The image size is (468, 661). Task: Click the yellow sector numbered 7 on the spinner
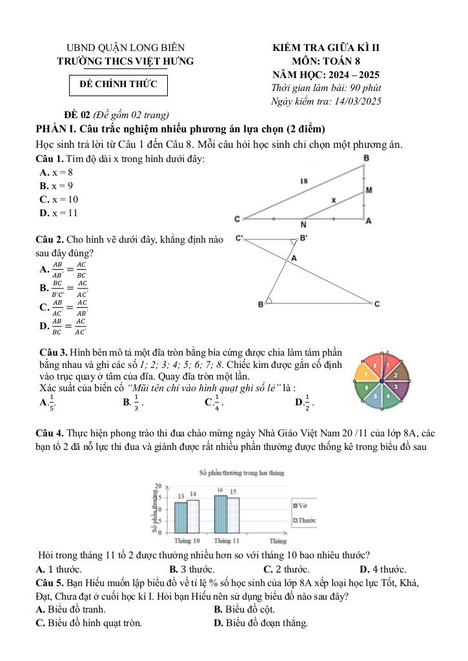coord(366,374)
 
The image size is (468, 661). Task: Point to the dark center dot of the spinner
coord(382,381)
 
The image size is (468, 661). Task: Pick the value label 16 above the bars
coord(220,491)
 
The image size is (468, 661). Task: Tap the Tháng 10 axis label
coord(187,540)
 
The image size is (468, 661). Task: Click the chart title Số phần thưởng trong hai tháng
coord(242,473)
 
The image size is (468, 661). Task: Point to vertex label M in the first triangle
coord(369,190)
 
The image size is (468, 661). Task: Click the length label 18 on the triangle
coord(303,181)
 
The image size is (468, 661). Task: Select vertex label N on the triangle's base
coord(303,225)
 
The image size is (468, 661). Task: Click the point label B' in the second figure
coord(303,238)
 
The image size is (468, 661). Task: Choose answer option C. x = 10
coord(59,199)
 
